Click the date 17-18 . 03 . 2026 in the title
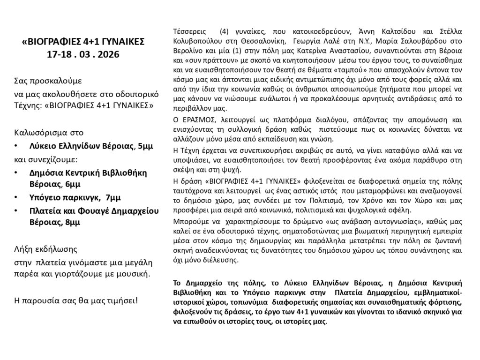[x=83, y=54]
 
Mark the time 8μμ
[x=72, y=223]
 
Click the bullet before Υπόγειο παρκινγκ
[x=17, y=197]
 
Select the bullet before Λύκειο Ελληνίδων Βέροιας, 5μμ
[x=17, y=147]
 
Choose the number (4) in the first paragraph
[x=224, y=32]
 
